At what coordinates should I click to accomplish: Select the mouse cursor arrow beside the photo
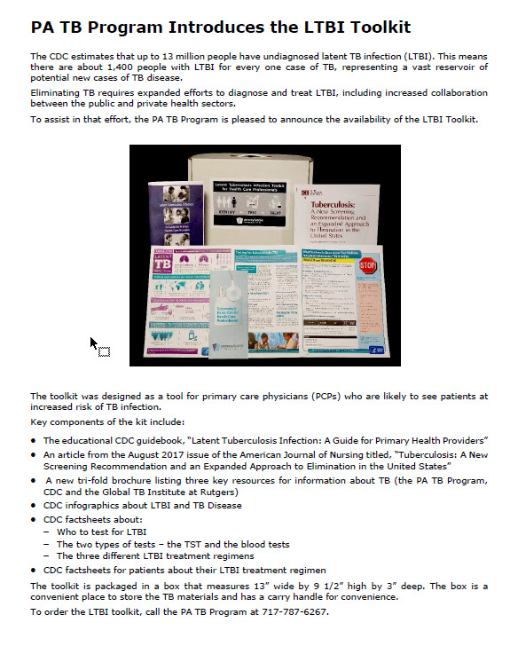[x=94, y=343]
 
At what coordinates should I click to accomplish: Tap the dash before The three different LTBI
[x=46, y=556]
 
